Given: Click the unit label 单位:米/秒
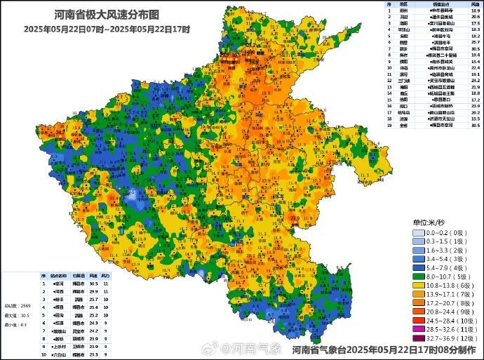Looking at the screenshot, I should (431, 221).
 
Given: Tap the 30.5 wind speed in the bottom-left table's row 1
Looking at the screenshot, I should (94, 282).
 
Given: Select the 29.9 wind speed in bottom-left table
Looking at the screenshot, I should (94, 290).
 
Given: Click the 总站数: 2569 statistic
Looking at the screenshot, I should (15, 307).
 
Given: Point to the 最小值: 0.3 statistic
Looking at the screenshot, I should (15, 324).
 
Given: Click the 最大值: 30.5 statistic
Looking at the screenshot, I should (15, 315).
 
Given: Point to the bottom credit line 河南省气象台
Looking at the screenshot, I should (386, 349).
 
